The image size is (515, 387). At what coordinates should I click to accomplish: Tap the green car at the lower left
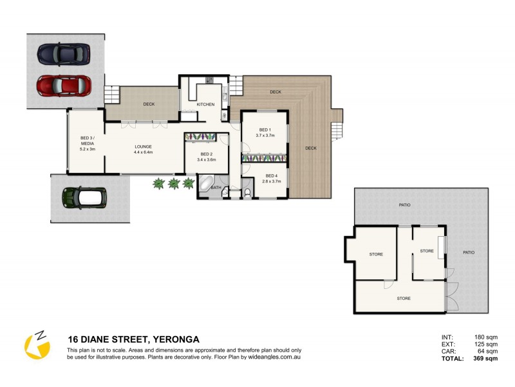(x=83, y=198)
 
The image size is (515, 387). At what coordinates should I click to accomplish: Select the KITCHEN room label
(x=205, y=104)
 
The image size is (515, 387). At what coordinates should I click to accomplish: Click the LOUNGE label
(x=143, y=146)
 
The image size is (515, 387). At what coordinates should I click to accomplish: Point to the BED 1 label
(x=265, y=130)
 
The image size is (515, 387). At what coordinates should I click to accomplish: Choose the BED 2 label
(x=206, y=154)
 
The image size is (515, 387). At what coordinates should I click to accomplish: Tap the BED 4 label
(x=270, y=175)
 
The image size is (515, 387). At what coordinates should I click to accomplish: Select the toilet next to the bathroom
(x=247, y=192)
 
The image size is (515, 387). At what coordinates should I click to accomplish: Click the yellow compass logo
(x=37, y=344)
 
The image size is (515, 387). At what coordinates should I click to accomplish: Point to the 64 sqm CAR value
(x=486, y=352)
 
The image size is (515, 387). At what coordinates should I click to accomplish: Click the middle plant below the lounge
(x=173, y=184)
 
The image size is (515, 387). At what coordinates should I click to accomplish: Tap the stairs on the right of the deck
(x=335, y=132)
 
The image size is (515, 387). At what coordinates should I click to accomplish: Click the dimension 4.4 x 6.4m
(x=143, y=152)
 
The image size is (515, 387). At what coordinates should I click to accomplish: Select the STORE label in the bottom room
(x=404, y=298)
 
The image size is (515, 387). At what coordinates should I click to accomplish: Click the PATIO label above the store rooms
(x=404, y=205)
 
